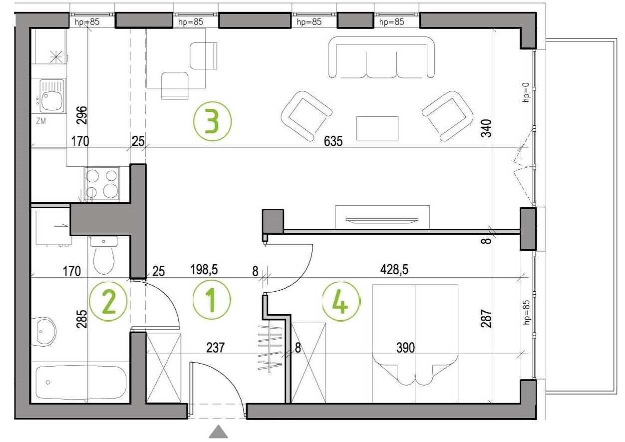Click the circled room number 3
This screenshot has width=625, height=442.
pyautogui.click(x=212, y=121)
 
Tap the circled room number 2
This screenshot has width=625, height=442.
pyautogui.click(x=108, y=302)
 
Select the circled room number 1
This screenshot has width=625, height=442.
pyautogui.click(x=212, y=300)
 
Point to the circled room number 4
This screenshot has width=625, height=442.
pyautogui.click(x=341, y=302)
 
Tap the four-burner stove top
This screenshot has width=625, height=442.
pyautogui.click(x=101, y=183)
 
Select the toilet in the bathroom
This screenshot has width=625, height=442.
pyautogui.click(x=104, y=255)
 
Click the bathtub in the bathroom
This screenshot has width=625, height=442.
pyautogui.click(x=81, y=383)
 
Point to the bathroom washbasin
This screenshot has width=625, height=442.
pyautogui.click(x=43, y=332)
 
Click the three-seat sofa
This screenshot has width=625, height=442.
pyautogui.click(x=381, y=57)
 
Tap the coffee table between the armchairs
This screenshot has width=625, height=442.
pyautogui.click(x=377, y=128)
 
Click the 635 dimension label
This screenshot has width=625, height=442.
pyautogui.click(x=333, y=141)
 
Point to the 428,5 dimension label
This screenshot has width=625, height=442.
pyautogui.click(x=394, y=270)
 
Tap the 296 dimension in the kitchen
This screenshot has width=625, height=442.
pyautogui.click(x=82, y=115)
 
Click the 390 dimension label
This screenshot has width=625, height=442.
pyautogui.click(x=405, y=348)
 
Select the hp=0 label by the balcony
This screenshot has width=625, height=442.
pyautogui.click(x=526, y=92)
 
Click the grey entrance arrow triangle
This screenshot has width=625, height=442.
pyautogui.click(x=219, y=432)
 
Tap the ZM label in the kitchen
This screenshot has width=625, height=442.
pyautogui.click(x=41, y=121)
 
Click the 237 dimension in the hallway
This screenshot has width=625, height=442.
pyautogui.click(x=215, y=348)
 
